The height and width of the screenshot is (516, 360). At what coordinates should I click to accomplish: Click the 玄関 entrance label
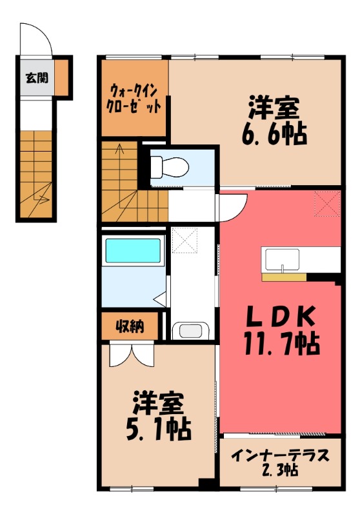[x=35, y=79]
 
